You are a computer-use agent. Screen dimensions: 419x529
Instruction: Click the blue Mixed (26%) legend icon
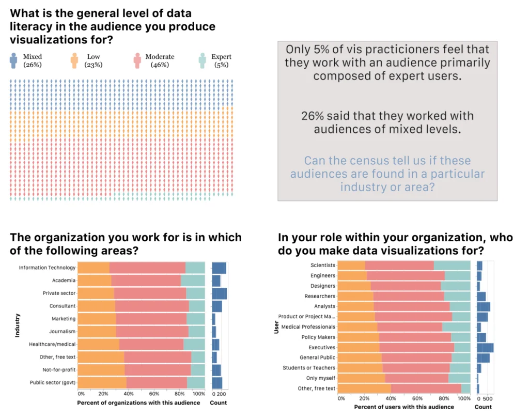point(13,60)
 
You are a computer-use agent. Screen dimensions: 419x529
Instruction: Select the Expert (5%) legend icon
point(203,60)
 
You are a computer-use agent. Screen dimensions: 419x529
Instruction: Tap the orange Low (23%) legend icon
point(74,60)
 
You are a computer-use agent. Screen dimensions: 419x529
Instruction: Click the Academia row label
point(63,281)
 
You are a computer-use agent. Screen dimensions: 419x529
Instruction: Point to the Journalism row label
point(62,332)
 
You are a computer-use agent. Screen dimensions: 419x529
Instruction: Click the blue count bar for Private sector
point(220,293)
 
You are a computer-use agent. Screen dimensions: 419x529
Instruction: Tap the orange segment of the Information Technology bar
point(94,268)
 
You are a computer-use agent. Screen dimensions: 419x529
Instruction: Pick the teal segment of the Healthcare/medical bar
point(194,345)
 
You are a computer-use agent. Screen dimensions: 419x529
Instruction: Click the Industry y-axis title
point(17,325)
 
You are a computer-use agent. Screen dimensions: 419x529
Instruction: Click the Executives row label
point(322,347)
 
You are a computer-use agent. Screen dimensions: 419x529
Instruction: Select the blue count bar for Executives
point(485,347)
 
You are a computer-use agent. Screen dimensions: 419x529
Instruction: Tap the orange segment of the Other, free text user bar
point(365,388)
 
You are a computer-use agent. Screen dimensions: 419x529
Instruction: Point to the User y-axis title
point(275,327)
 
